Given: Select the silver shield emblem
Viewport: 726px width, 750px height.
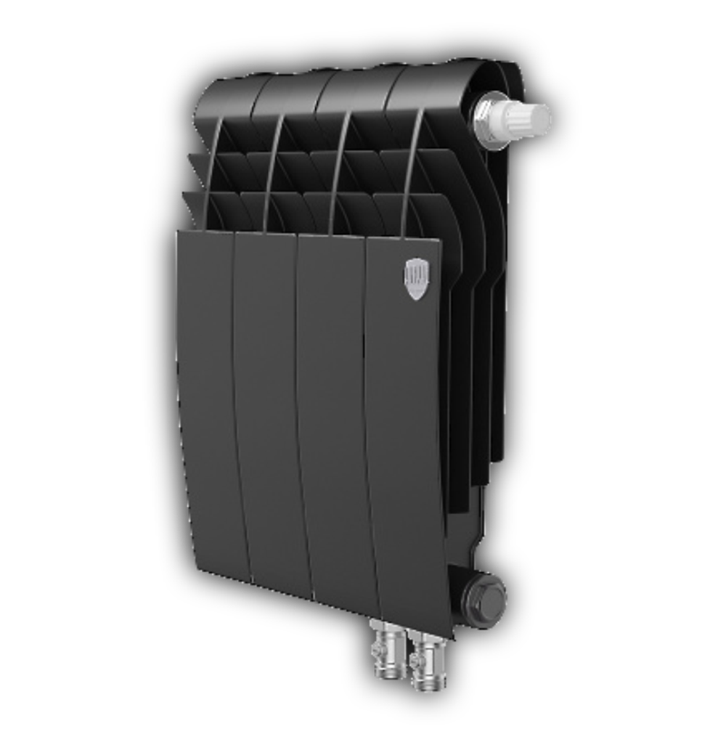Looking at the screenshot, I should click(416, 279).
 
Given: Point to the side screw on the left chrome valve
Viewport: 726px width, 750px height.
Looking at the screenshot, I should click(376, 651).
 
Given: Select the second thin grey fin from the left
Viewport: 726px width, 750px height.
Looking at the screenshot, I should click(272, 174).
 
